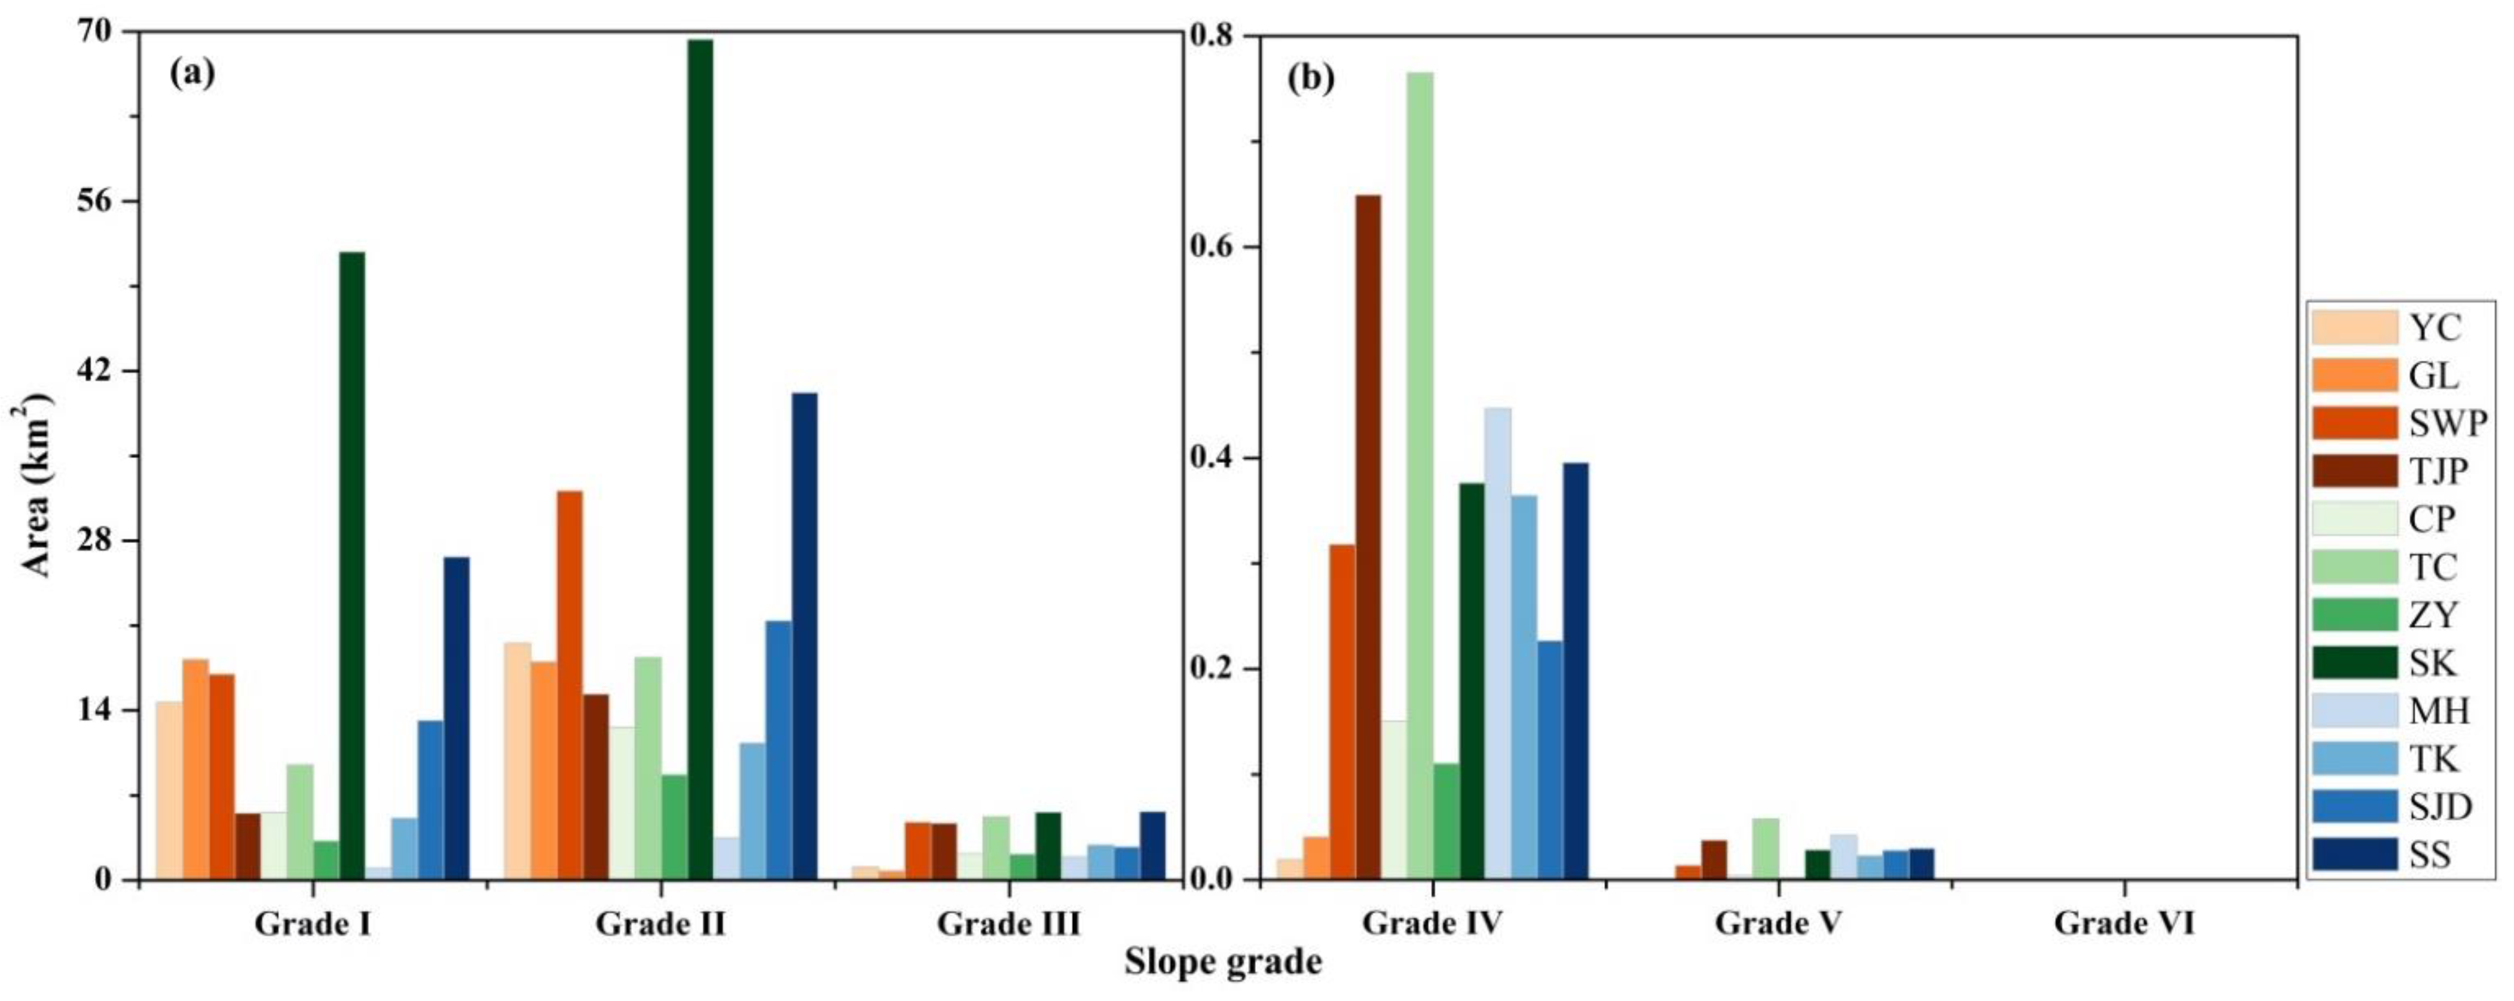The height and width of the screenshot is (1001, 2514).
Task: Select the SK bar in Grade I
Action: tap(351, 566)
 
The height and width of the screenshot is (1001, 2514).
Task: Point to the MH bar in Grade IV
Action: tap(1497, 644)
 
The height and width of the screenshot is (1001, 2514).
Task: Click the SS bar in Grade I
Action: tap(456, 718)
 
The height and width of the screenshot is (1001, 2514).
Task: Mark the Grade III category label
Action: tap(1008, 923)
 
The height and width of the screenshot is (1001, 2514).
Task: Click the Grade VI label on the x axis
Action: tap(2124, 923)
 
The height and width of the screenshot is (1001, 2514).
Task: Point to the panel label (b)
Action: tap(1311, 78)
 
